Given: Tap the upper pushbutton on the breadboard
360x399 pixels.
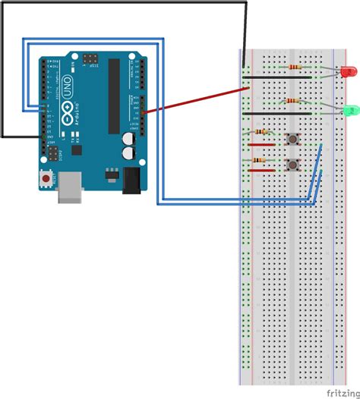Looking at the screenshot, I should coord(290,138).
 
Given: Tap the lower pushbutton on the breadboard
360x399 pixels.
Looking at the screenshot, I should coord(290,165).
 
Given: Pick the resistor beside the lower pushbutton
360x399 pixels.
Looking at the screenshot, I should coord(263,161).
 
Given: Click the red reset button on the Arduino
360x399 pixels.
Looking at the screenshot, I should coord(47,179).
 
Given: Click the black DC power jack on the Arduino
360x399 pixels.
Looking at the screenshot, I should coord(131,180).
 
